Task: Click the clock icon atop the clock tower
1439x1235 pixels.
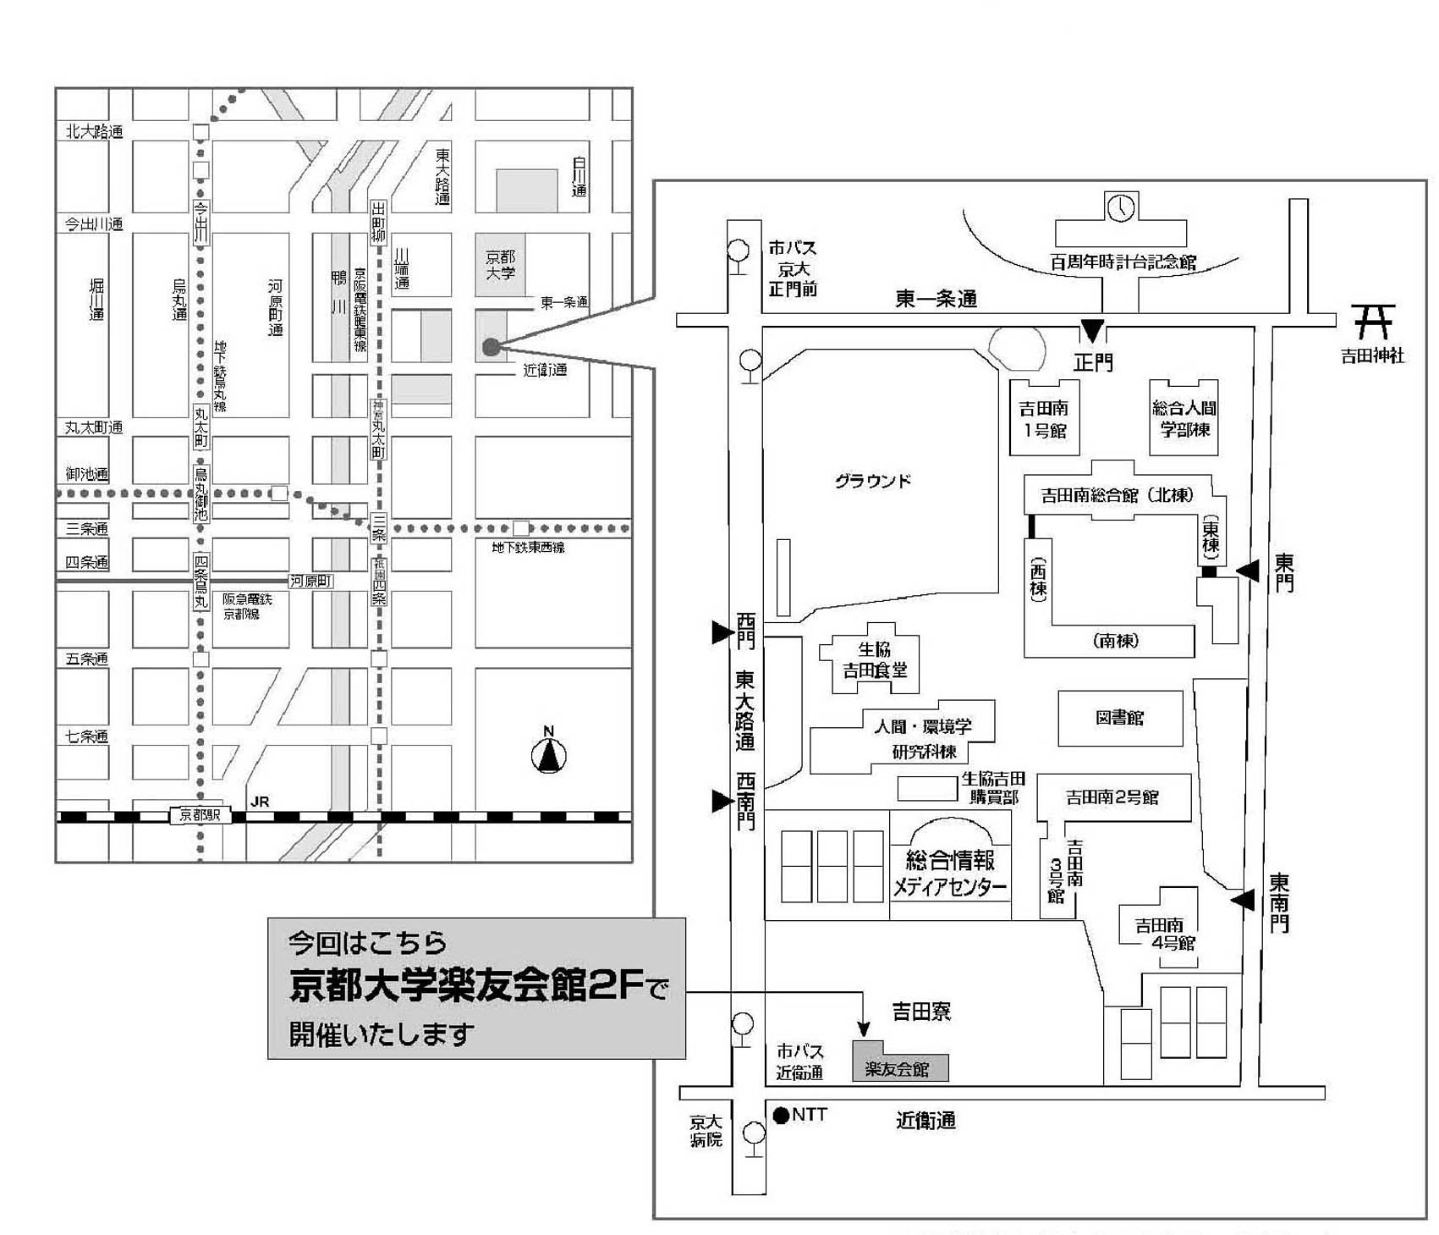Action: (x=1121, y=207)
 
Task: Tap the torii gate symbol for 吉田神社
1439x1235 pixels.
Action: (x=1373, y=322)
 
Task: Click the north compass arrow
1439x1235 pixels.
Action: (x=549, y=755)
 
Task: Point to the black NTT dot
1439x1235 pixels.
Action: (x=781, y=1115)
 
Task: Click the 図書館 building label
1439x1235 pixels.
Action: (x=1120, y=718)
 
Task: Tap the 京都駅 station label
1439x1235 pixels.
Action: (x=200, y=815)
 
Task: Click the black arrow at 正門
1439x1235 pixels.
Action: (x=1093, y=331)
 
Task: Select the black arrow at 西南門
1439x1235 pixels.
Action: (x=722, y=800)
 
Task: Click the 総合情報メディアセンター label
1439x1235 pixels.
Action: (x=950, y=874)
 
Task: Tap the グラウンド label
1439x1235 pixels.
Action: (x=873, y=481)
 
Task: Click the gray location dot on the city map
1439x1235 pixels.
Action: (x=490, y=346)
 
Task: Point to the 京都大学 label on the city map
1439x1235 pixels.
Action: (x=500, y=264)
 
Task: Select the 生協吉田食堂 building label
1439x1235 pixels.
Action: (x=874, y=660)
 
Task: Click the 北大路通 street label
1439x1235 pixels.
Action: (x=94, y=131)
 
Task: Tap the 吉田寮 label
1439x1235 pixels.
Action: (x=921, y=1011)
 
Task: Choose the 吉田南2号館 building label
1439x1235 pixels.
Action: (x=1112, y=797)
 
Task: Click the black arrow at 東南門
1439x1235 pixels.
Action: (x=1242, y=901)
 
